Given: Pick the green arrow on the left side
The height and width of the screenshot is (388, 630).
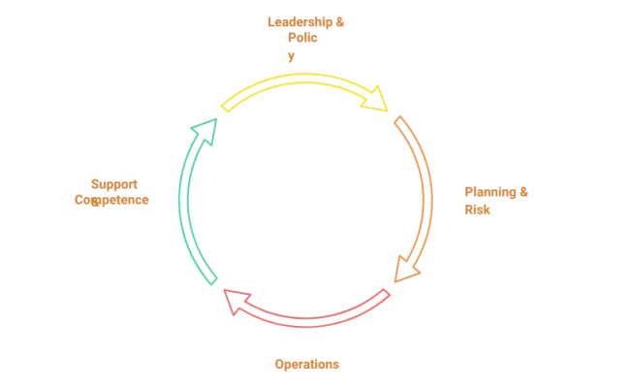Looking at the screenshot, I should pyautogui.click(x=187, y=204).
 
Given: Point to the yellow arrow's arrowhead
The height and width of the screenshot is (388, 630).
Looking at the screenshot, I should pyautogui.click(x=377, y=97).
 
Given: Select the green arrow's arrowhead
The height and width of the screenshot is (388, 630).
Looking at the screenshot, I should pyautogui.click(x=204, y=127).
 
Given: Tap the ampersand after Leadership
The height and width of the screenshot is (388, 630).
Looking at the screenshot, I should pyautogui.click(x=339, y=21).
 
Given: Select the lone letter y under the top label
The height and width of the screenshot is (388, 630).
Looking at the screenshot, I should pyautogui.click(x=291, y=57).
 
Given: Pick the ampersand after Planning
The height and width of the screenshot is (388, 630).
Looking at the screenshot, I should pyautogui.click(x=524, y=192).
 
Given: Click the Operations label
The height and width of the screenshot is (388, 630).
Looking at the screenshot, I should pyautogui.click(x=307, y=365).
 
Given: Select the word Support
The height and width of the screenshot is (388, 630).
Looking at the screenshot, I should pyautogui.click(x=114, y=184).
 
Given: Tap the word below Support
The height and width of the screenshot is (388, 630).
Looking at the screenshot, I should pyautogui.click(x=111, y=201).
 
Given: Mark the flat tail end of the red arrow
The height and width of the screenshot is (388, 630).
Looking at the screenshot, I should pyautogui.click(x=387, y=293).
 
